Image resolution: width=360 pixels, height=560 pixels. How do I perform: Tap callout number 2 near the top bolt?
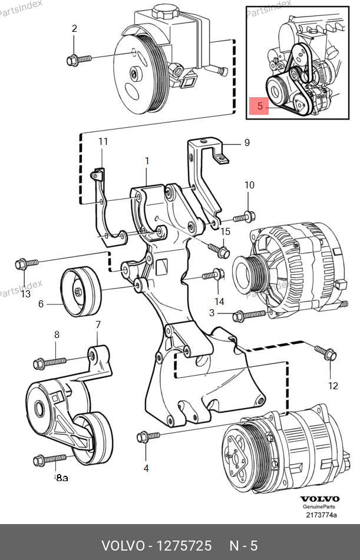(74, 28)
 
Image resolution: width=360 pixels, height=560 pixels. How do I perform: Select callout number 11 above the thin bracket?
(103, 141)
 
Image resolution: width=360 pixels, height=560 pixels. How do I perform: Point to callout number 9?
(247, 143)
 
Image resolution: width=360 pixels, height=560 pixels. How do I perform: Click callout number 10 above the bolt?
(249, 185)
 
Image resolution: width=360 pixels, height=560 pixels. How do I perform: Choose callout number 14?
(219, 301)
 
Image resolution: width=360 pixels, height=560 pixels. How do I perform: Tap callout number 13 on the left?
(25, 294)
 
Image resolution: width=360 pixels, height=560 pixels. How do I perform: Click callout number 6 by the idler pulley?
(41, 304)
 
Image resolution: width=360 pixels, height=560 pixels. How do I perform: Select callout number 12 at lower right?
(333, 386)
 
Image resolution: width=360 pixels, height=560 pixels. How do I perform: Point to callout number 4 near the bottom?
(146, 468)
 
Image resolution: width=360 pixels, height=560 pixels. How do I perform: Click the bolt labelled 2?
(80, 58)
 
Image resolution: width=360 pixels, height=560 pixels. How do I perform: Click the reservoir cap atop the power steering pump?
(166, 12)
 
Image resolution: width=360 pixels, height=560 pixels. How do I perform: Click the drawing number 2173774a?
(321, 515)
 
